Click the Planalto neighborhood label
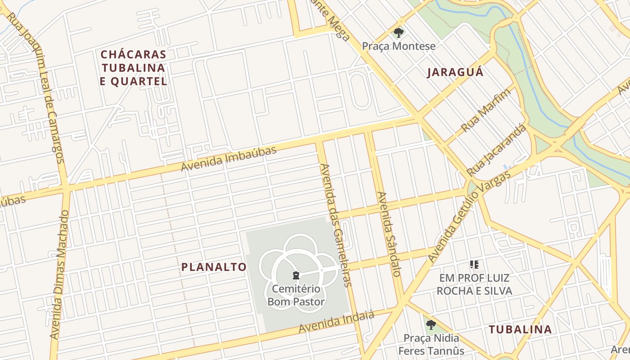point(214,267)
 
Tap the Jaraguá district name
point(455,72)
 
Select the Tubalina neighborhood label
point(520,329)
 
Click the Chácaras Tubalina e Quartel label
point(134,68)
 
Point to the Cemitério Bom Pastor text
point(296,295)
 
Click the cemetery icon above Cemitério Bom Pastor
point(296,275)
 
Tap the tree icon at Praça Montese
point(398,32)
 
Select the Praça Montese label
point(399,46)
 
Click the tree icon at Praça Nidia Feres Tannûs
point(431,324)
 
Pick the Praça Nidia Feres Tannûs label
point(431,344)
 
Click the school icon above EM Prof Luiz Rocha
point(474,265)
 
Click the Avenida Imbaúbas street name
point(229,159)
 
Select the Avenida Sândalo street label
point(389,234)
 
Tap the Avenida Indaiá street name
point(336,323)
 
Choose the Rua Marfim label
point(486,110)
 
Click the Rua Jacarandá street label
point(496,151)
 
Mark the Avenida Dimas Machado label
point(60,274)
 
